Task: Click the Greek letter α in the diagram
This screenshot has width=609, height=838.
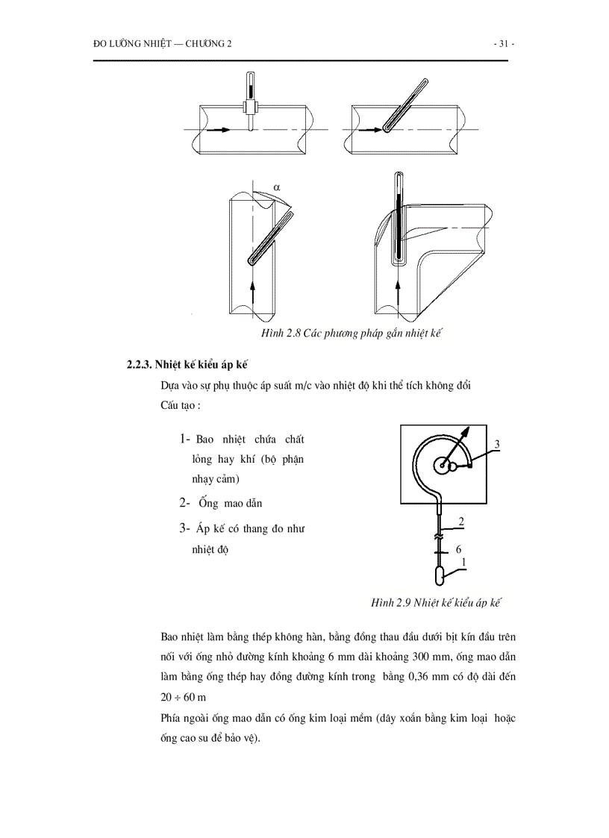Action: tap(275, 187)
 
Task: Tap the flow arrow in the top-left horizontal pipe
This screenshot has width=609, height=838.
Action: tap(219, 129)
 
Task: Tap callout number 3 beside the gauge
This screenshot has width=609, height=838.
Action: tap(496, 445)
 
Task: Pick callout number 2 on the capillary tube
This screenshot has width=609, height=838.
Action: tap(462, 522)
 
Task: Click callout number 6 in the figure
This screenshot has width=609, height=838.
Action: tap(458, 550)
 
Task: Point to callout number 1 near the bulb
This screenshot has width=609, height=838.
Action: tap(463, 563)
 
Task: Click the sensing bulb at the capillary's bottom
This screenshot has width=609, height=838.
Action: tap(441, 576)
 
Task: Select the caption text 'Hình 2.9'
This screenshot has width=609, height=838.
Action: tap(391, 602)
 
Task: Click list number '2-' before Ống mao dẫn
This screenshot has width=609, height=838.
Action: tap(187, 503)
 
